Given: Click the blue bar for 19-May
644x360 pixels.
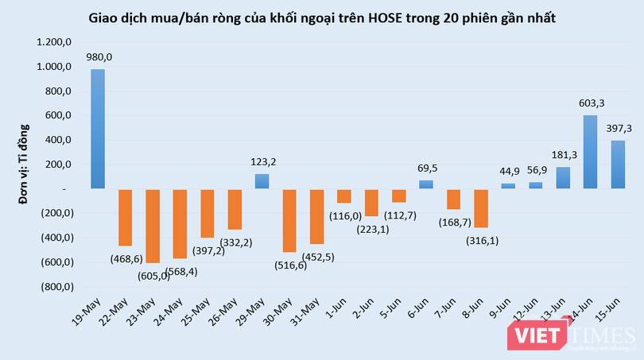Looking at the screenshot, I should (x=98, y=129).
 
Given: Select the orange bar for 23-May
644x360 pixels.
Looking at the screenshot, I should (x=153, y=226).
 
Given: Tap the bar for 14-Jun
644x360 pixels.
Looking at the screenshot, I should (x=590, y=152).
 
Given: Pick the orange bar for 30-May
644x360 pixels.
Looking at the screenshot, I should (x=289, y=220).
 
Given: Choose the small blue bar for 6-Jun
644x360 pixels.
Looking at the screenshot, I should (x=427, y=184).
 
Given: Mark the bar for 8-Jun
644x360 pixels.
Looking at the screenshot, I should (x=481, y=208).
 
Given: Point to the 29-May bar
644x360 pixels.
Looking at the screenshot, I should (x=262, y=181).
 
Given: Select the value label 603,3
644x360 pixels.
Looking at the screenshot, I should (x=591, y=103).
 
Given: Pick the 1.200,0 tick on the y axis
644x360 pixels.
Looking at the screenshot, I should (x=54, y=42).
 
